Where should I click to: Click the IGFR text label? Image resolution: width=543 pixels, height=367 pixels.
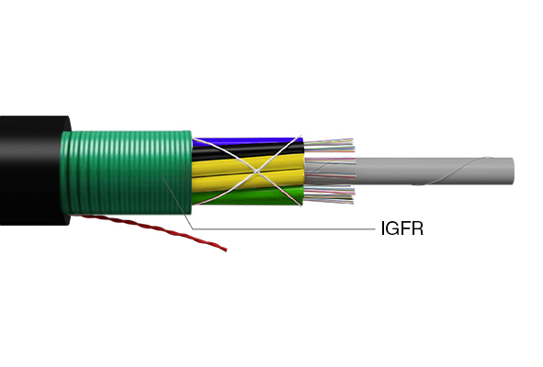pyautogui.click(x=402, y=228)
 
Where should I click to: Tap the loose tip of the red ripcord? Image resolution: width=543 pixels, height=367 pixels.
pyautogui.click(x=226, y=250)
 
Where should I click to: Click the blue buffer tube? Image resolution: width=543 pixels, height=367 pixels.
pyautogui.click(x=247, y=140)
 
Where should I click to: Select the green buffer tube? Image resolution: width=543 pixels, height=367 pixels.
pyautogui.click(x=247, y=195)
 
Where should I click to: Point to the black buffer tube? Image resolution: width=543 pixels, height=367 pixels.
pyautogui.click(x=247, y=150)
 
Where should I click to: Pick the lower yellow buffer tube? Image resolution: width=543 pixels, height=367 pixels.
pyautogui.click(x=247, y=180)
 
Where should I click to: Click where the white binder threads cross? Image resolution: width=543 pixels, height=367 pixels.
pyautogui.click(x=256, y=172)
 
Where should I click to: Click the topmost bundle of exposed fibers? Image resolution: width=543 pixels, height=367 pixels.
pyautogui.click(x=329, y=145)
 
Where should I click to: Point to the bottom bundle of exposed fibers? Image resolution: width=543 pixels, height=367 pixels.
pyautogui.click(x=329, y=195)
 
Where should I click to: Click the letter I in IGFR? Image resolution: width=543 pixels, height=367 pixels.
pyautogui.click(x=382, y=228)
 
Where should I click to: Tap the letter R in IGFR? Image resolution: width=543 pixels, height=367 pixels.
pyautogui.click(x=418, y=228)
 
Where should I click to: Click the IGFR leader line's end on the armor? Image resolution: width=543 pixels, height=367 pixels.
pyautogui.click(x=161, y=174)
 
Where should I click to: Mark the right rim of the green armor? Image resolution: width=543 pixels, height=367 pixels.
pyautogui.click(x=188, y=172)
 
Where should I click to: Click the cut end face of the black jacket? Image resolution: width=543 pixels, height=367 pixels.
pyautogui.click(x=66, y=171)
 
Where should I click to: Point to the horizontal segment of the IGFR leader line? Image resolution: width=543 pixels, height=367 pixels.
pyautogui.click(x=284, y=228)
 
